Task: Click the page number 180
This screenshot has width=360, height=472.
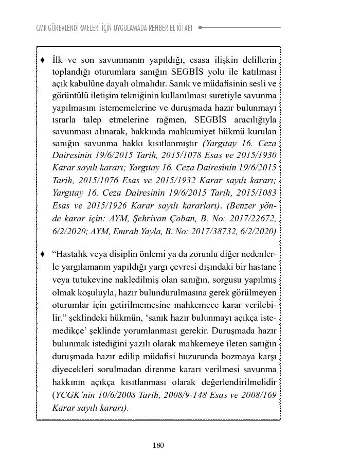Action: [x=158, y=445]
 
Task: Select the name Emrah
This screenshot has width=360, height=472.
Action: [x=137, y=231]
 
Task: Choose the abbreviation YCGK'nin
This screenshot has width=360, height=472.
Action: [x=75, y=396]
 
